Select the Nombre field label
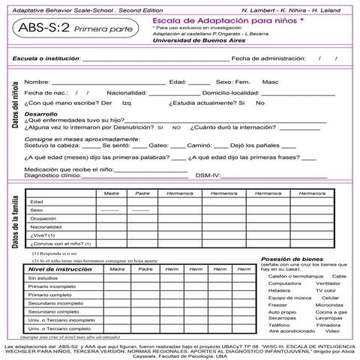(x=37, y=81)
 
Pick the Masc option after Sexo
(x=270, y=81)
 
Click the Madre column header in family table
(x=111, y=193)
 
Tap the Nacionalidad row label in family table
(x=46, y=226)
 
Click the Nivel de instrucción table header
(x=60, y=268)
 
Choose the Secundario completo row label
(x=54, y=310)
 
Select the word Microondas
(x=329, y=305)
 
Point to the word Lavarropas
(x=329, y=318)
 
